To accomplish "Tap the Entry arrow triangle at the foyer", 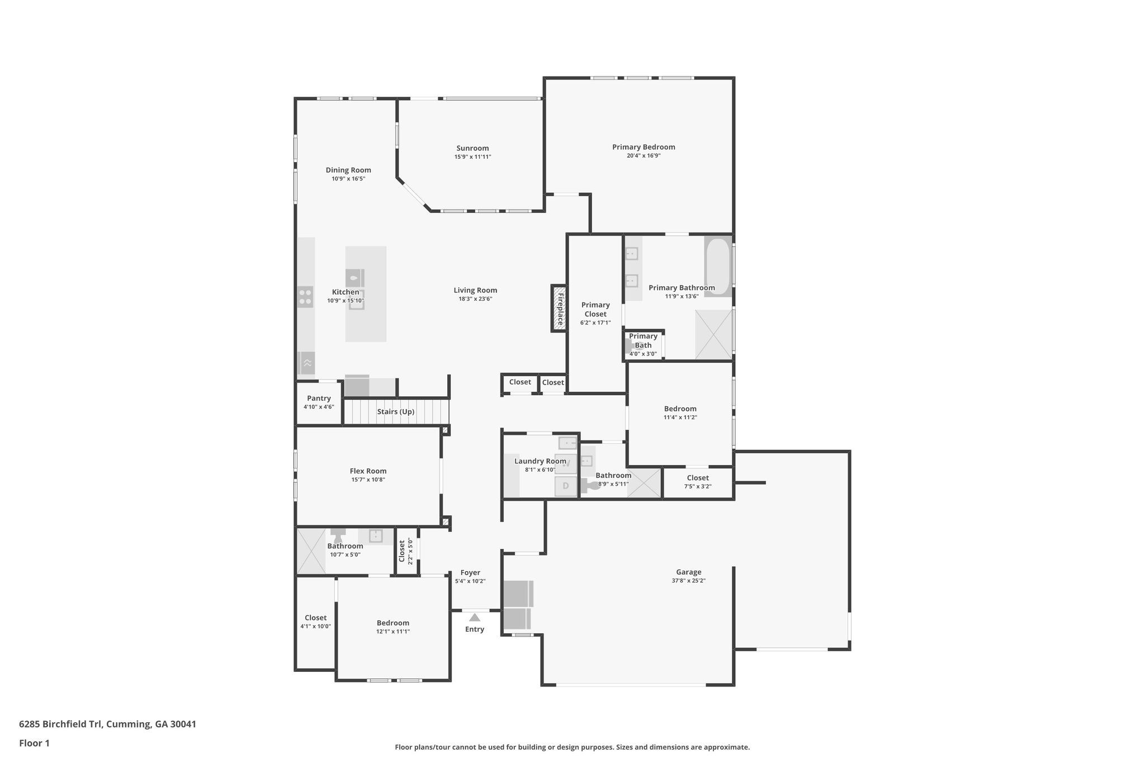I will (475, 618).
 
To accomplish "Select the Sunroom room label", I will (472, 148).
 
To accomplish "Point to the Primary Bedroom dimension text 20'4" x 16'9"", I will (644, 156).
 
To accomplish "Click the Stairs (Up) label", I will (395, 412).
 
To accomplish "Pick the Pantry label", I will (319, 399).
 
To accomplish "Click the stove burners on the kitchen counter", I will (305, 296).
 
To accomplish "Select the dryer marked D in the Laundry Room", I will (566, 486).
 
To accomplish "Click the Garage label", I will (688, 572).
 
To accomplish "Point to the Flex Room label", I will (368, 471).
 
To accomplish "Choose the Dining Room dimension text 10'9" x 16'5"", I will (348, 179).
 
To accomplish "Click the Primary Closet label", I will (595, 310).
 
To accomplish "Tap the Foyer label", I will (470, 572).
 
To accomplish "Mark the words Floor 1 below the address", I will (34, 743).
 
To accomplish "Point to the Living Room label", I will (475, 290).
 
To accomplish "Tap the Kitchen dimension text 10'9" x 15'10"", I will (346, 301).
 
